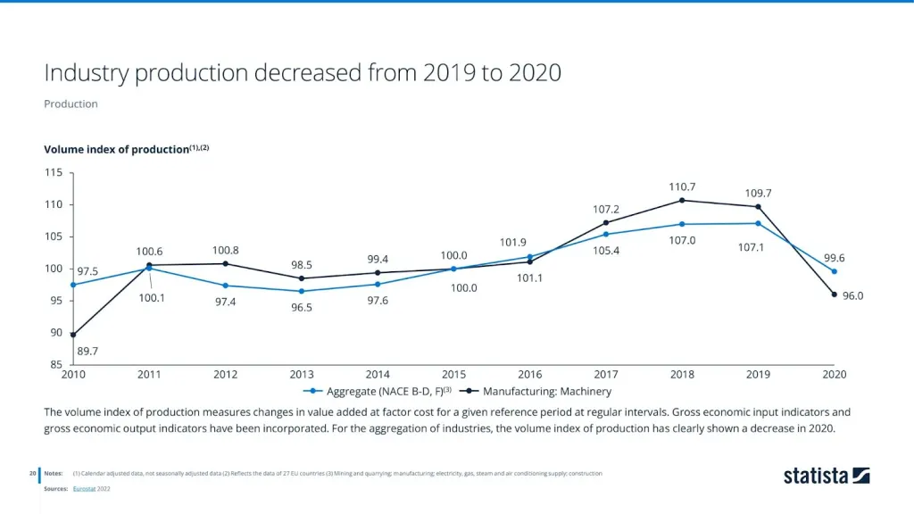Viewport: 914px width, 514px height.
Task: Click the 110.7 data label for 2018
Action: (682, 187)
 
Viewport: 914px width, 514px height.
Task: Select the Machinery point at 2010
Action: (73, 335)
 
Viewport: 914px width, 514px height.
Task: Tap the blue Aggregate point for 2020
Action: (835, 271)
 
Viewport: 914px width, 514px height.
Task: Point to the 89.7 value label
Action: (87, 352)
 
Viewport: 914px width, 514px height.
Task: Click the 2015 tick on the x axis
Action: (453, 374)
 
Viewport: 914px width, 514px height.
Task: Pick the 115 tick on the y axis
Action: (54, 172)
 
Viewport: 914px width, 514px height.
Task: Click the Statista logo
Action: (826, 475)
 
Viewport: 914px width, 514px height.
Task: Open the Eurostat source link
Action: (86, 489)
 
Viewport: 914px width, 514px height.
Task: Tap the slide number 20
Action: (31, 473)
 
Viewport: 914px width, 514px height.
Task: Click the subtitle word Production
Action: (71, 104)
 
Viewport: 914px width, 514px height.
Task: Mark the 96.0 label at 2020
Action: (852, 295)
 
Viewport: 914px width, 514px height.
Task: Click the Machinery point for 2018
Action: (682, 200)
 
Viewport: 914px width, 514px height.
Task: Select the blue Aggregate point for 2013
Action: (302, 291)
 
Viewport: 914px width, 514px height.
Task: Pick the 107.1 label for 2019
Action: (752, 246)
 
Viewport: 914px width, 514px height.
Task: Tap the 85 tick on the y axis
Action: (57, 365)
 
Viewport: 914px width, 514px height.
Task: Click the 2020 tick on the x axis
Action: (834, 374)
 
